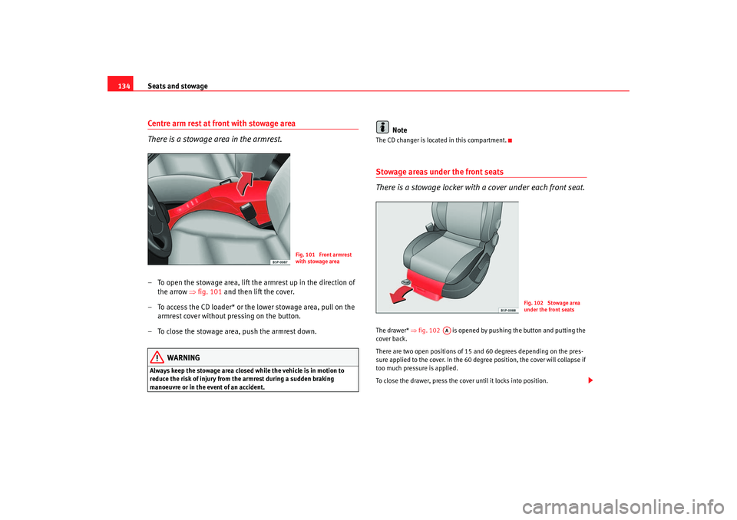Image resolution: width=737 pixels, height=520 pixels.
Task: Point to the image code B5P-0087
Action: pos(279,262)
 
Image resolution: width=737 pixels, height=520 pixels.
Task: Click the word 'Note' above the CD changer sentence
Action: pos(399,130)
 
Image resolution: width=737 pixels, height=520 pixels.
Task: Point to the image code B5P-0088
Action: pos(507,310)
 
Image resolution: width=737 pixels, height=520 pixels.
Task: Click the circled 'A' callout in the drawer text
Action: pos(447,331)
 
